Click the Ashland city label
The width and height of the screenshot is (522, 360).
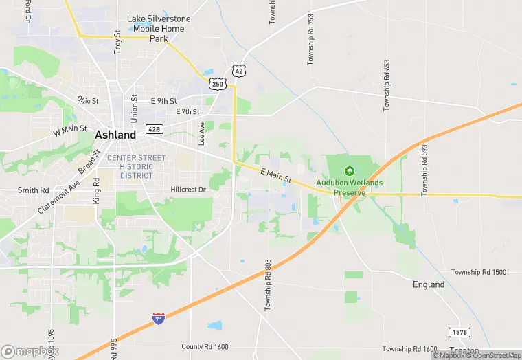pyautogui.click(x=115, y=135)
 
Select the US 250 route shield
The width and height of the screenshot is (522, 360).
pyautogui.click(x=217, y=83)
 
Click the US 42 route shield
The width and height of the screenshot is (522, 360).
pyautogui.click(x=238, y=71)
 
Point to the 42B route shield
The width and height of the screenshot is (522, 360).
pyautogui.click(x=155, y=129)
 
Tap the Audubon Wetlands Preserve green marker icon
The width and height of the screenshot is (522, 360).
pyautogui.click(x=349, y=171)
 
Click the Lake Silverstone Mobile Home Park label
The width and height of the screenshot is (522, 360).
pyautogui.click(x=150, y=29)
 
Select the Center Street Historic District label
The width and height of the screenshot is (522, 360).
pyautogui.click(x=136, y=166)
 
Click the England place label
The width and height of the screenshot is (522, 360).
pyautogui.click(x=429, y=284)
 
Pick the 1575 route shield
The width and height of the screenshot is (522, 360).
pyautogui.click(x=459, y=333)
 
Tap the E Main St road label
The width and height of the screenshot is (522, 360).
pyautogui.click(x=276, y=175)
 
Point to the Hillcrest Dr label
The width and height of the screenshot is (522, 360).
pyautogui.click(x=188, y=189)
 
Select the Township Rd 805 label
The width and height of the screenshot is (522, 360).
pyautogui.click(x=269, y=284)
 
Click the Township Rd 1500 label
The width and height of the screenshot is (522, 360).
pyautogui.click(x=479, y=273)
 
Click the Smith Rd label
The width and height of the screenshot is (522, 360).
pyautogui.click(x=33, y=190)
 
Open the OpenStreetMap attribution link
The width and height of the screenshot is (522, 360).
pyautogui.click(x=493, y=355)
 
